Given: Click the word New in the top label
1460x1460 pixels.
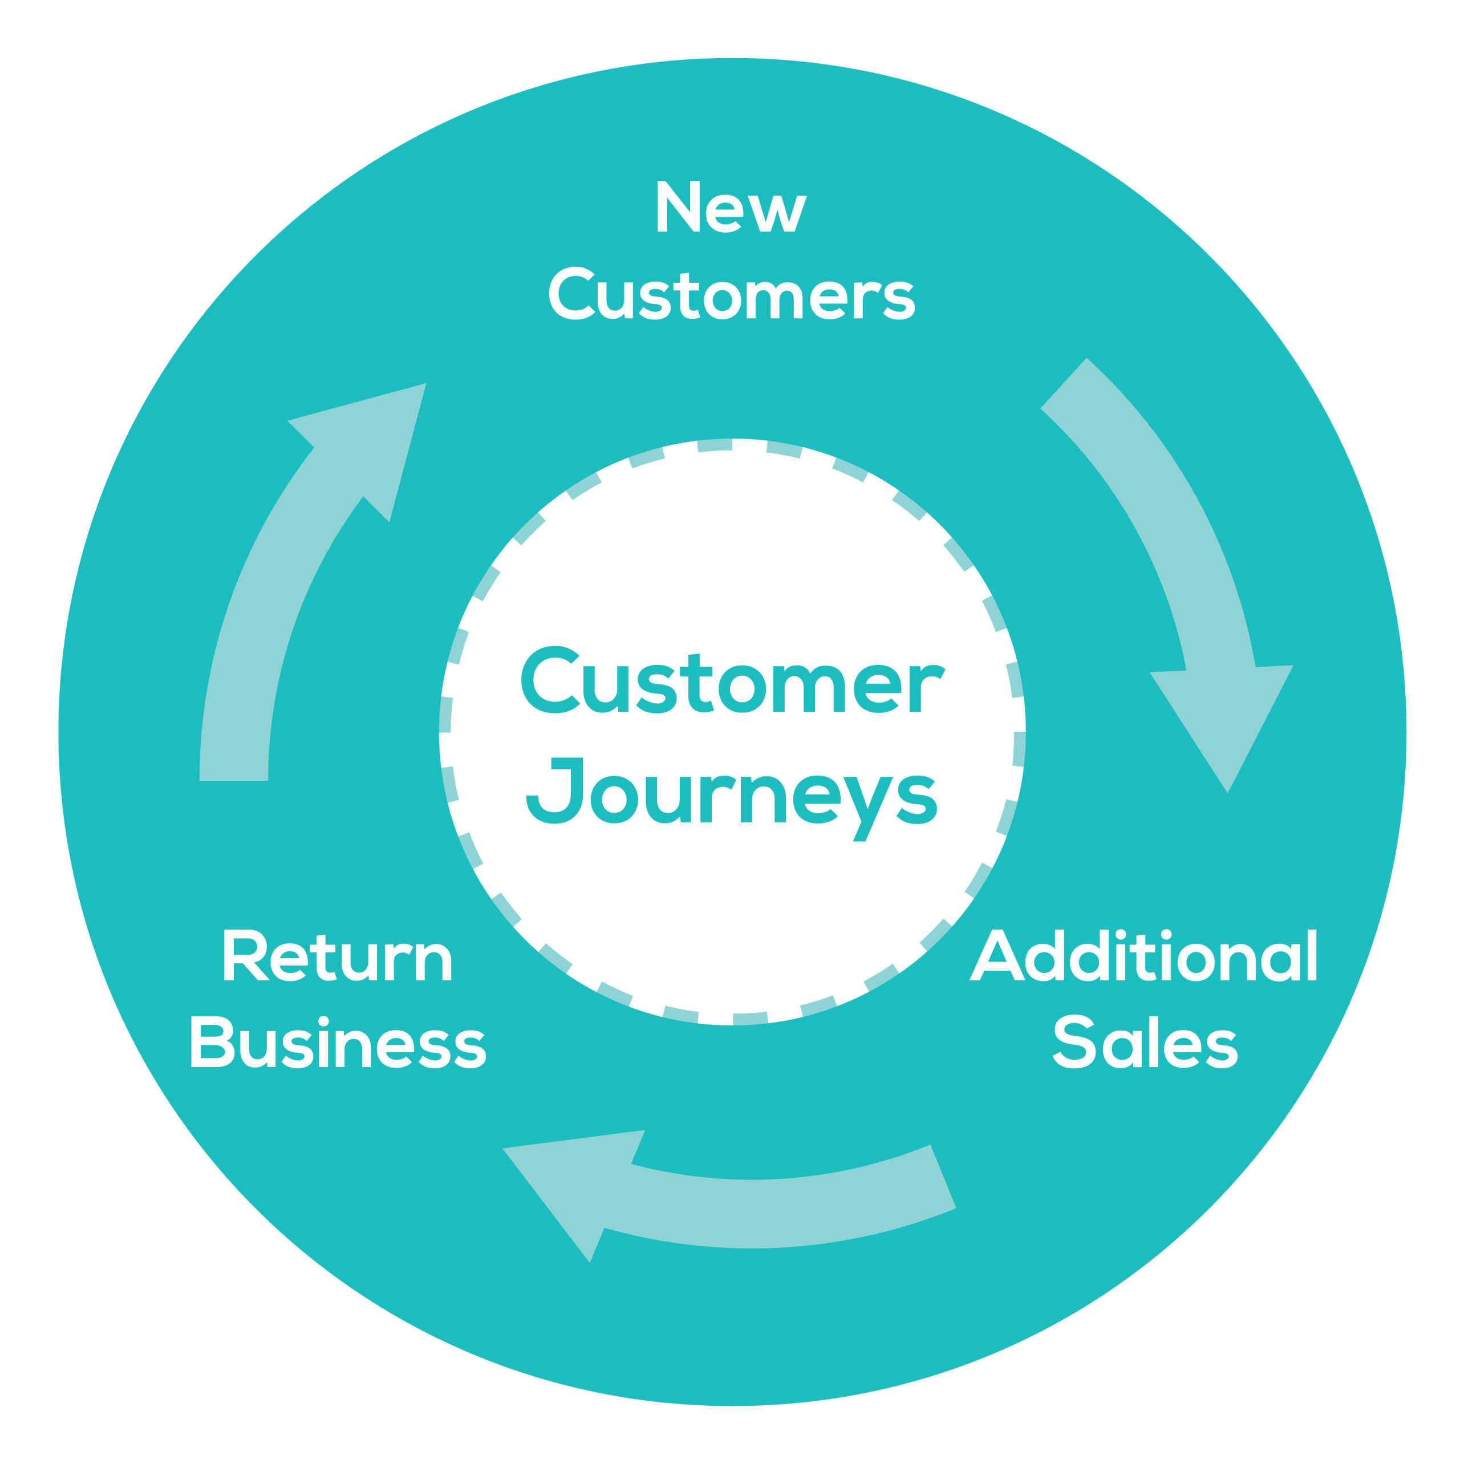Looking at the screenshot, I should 730,207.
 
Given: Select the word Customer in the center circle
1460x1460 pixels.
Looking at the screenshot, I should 732,680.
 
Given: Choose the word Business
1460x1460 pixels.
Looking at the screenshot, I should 337,1044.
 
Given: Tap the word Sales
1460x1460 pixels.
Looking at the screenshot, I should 1144,1044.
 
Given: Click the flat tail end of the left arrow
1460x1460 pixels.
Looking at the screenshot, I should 233,771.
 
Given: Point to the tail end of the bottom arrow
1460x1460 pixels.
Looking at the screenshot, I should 941,1179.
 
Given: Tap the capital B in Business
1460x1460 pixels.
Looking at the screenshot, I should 210,1044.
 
